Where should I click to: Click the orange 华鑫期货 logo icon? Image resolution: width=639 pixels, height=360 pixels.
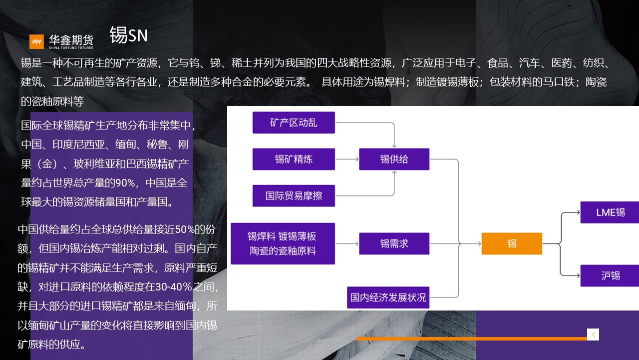pos(36,41)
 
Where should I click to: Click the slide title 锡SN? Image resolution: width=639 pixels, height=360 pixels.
pos(128,35)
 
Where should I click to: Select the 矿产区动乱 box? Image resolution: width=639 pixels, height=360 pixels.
pos(294,122)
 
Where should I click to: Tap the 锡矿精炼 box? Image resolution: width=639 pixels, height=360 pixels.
pos(294,159)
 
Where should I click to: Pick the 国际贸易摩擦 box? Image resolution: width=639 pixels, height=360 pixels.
pos(294,195)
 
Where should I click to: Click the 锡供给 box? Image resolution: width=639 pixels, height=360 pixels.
pos(394,159)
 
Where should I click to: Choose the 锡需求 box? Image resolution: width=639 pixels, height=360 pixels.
pos(394,243)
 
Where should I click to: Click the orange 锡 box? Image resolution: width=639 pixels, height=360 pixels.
pos(512,243)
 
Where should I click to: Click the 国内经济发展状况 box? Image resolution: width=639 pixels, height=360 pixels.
pos(388,297)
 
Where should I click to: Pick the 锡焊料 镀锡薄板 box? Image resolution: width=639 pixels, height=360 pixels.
pos(283,243)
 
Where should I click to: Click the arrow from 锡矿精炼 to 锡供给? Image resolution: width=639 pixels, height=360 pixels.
pos(347,159)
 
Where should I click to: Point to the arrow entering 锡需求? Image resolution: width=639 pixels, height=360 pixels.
pos(347,243)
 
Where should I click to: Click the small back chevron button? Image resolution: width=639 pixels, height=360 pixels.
pos(593,334)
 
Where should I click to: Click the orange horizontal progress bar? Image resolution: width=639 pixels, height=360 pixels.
pos(471,338)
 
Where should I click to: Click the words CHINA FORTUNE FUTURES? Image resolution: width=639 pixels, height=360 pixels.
pos(71,47)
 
